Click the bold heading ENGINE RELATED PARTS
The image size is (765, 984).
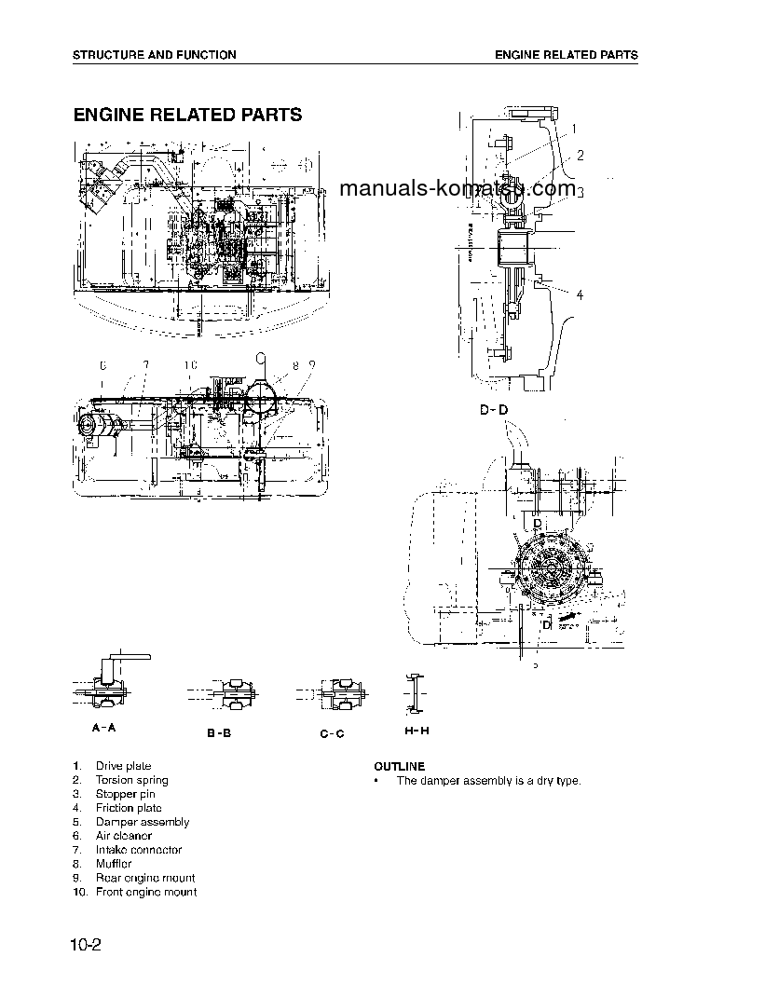click(x=187, y=116)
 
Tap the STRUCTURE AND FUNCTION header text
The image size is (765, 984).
click(x=155, y=55)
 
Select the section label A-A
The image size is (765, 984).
click(x=104, y=728)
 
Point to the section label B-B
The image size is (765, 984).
click(x=219, y=733)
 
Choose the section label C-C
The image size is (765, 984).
click(x=332, y=733)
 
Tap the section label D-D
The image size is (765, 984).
click(x=494, y=410)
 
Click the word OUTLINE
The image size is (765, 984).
click(x=399, y=766)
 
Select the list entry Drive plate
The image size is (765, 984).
click(x=123, y=766)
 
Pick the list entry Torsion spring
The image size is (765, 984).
click(x=131, y=780)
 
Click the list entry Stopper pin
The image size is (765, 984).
click(x=125, y=794)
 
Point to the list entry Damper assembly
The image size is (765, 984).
click(x=142, y=822)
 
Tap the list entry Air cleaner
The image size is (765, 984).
click(x=123, y=836)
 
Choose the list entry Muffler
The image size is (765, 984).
click(x=114, y=864)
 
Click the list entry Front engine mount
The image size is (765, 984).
click(x=145, y=892)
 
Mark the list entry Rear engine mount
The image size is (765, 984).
click(x=144, y=878)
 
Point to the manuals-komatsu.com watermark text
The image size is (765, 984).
click(x=458, y=189)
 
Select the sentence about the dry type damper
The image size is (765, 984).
click(x=488, y=780)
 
